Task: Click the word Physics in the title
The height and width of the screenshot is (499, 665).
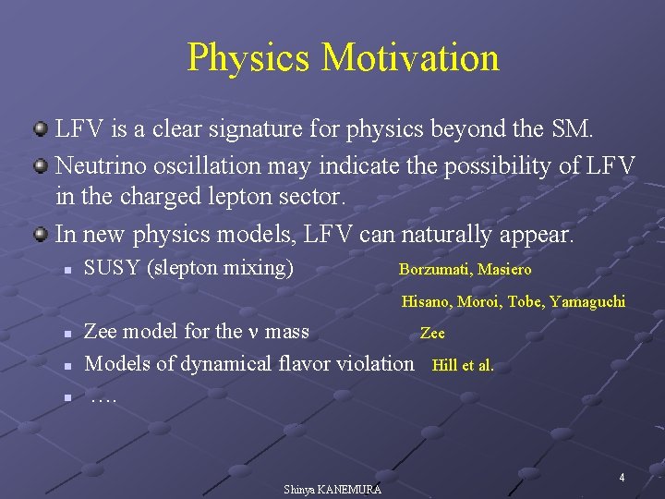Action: pyautogui.click(x=249, y=57)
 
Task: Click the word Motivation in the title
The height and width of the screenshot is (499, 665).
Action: pyautogui.click(x=410, y=57)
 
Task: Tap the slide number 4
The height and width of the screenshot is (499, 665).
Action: pyautogui.click(x=622, y=478)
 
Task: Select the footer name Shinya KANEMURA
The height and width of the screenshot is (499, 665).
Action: pyautogui.click(x=332, y=489)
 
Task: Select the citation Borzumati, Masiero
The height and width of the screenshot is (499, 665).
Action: pyautogui.click(x=465, y=270)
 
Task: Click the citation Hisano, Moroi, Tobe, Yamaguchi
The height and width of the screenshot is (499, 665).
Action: pyautogui.click(x=513, y=301)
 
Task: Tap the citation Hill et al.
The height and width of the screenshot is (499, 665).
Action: pyautogui.click(x=463, y=365)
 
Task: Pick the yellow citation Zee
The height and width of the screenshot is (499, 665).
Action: pyautogui.click(x=432, y=333)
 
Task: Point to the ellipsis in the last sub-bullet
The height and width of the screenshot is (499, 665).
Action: pyautogui.click(x=103, y=396)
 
